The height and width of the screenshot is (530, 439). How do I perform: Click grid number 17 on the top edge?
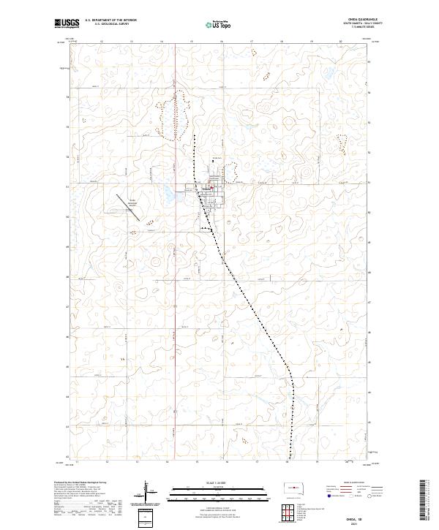click(251, 42)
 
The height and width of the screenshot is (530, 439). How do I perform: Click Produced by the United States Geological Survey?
click(80, 482)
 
